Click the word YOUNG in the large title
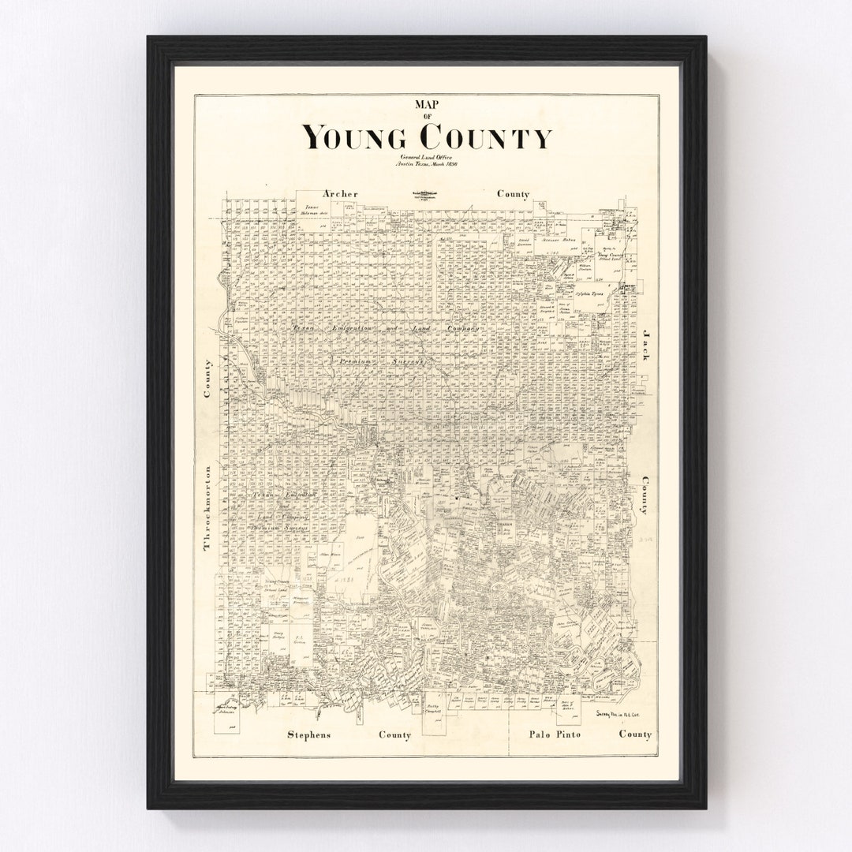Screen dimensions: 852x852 (x=355, y=137)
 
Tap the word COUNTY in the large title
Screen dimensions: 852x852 (x=485, y=137)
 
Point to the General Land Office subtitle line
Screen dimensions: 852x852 (x=427, y=156)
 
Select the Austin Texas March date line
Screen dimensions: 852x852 (x=427, y=164)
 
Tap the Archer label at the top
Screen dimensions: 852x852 (x=340, y=194)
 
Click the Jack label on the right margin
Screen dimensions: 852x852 (x=645, y=346)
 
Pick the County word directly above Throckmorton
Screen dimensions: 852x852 (x=208, y=379)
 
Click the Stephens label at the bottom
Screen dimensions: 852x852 (x=308, y=735)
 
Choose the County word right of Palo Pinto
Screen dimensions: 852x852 (x=635, y=734)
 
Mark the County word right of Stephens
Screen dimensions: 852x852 (x=394, y=735)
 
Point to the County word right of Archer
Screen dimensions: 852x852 (x=513, y=194)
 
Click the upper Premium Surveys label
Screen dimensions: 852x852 (x=381, y=361)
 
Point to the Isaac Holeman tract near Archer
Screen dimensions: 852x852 (x=314, y=211)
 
